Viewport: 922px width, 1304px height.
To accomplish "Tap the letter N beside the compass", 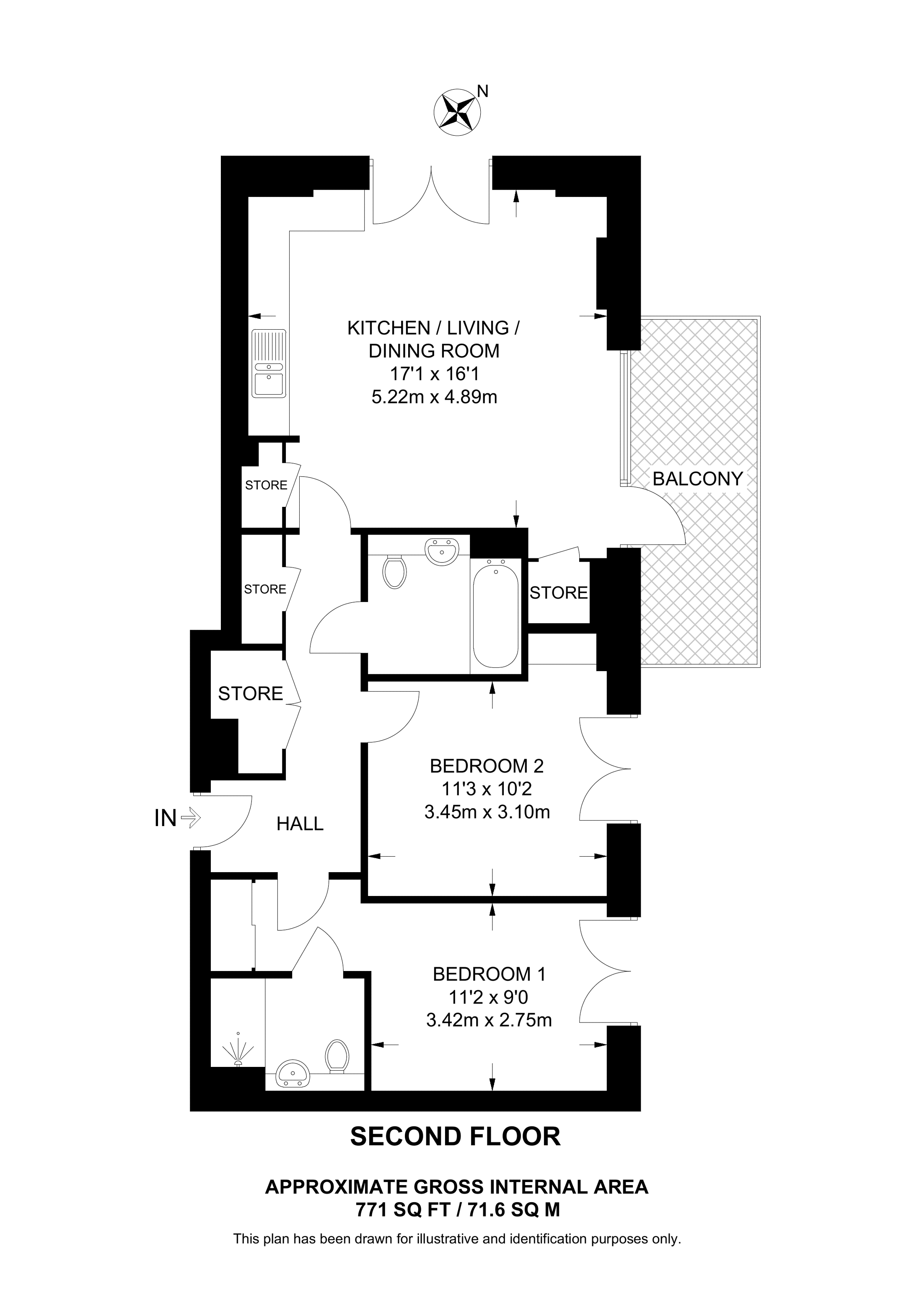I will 482,91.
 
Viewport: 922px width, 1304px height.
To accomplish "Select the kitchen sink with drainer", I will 270,364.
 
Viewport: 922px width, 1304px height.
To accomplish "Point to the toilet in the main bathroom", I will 394,571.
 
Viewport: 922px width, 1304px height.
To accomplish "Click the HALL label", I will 300,824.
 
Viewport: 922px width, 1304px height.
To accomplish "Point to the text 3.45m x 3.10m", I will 487,812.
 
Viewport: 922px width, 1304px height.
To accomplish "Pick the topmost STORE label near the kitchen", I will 266,485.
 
